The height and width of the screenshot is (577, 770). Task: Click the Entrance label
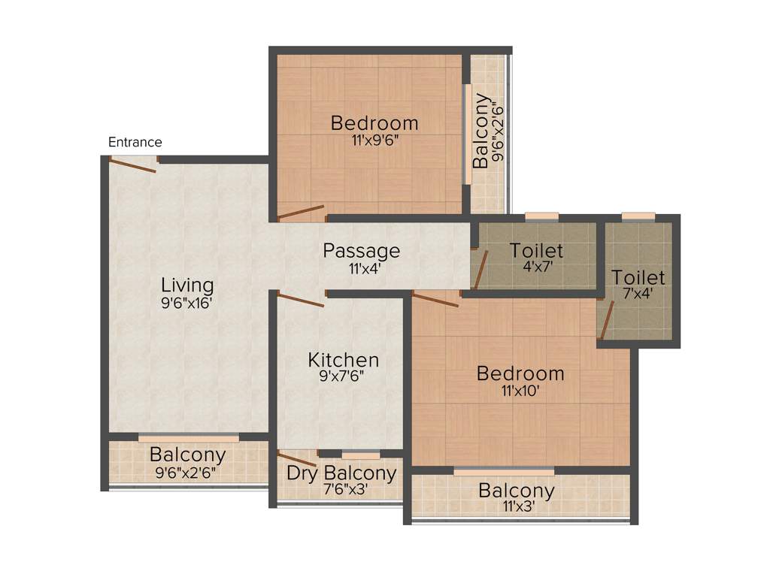click(x=135, y=142)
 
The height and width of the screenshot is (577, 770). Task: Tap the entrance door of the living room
click(x=132, y=165)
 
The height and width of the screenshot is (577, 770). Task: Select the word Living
click(x=187, y=285)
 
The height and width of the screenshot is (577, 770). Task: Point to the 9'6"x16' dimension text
click(x=187, y=304)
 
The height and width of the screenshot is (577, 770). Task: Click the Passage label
click(x=362, y=250)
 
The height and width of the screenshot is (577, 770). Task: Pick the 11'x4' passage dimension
click(x=362, y=268)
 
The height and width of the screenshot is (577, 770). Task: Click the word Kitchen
click(x=343, y=360)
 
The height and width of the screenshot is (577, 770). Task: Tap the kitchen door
click(x=301, y=300)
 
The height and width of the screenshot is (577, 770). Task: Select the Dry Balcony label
click(x=341, y=473)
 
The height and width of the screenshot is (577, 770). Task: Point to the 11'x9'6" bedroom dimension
click(x=374, y=140)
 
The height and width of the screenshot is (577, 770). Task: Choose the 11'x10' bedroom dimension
click(x=520, y=391)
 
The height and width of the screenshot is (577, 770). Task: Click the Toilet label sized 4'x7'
click(x=536, y=250)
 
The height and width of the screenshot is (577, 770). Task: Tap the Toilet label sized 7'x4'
click(x=638, y=277)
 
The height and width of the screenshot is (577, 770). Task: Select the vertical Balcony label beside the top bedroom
click(x=480, y=131)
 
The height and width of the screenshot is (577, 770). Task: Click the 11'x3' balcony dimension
click(x=517, y=508)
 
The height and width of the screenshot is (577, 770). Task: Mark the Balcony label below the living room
click(x=187, y=455)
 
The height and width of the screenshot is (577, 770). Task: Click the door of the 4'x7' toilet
click(x=480, y=269)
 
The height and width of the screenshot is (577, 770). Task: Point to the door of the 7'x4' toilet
click(x=606, y=319)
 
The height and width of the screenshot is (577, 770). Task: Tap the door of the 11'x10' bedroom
click(x=435, y=300)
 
